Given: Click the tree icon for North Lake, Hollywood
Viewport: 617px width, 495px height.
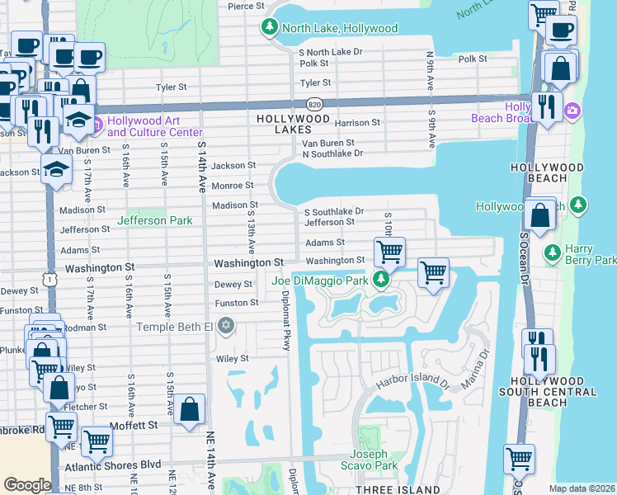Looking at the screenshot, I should [x=269, y=28].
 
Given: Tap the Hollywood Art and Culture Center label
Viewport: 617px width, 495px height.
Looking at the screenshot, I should [x=154, y=127].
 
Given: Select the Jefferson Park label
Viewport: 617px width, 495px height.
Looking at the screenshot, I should [x=154, y=220].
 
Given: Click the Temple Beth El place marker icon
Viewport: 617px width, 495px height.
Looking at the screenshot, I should [x=226, y=327].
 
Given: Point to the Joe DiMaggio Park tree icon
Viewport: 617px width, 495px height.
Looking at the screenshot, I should [x=380, y=280].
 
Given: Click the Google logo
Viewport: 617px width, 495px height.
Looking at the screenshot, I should [x=27, y=485].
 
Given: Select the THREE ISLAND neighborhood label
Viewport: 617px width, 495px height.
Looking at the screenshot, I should [x=395, y=490].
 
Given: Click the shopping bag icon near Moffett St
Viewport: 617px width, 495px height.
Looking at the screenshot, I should [x=189, y=409].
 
